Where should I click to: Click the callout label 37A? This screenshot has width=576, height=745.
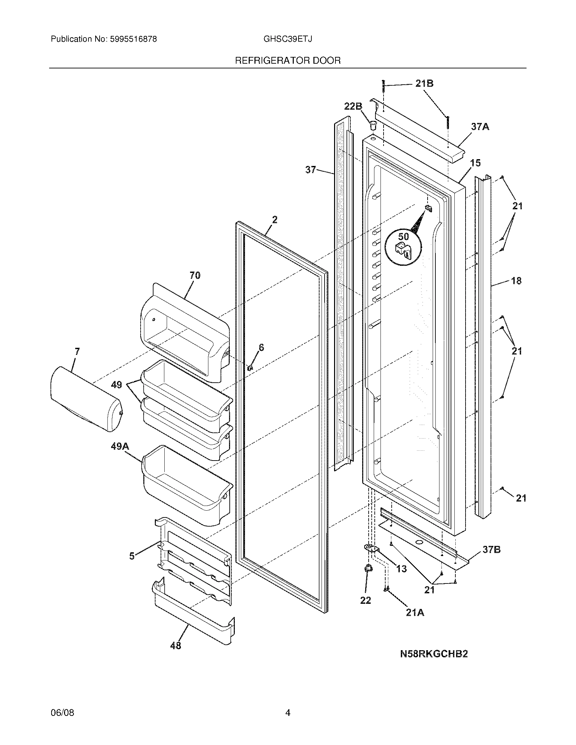[480, 127]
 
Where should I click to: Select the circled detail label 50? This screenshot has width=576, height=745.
[403, 236]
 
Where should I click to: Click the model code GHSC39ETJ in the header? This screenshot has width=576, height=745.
[287, 39]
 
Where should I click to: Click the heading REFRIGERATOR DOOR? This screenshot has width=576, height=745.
[288, 61]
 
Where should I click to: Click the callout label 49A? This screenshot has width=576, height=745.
[120, 446]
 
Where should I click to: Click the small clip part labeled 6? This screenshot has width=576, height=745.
[250, 367]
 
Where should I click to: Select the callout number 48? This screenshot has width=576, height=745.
[176, 645]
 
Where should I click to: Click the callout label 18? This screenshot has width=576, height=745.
[516, 281]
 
